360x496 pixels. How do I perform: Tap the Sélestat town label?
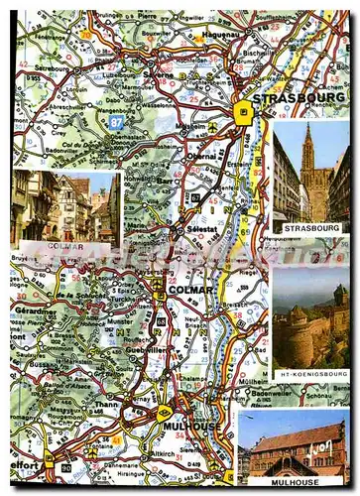(201, 229)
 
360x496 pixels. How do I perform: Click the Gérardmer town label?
(36, 309)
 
